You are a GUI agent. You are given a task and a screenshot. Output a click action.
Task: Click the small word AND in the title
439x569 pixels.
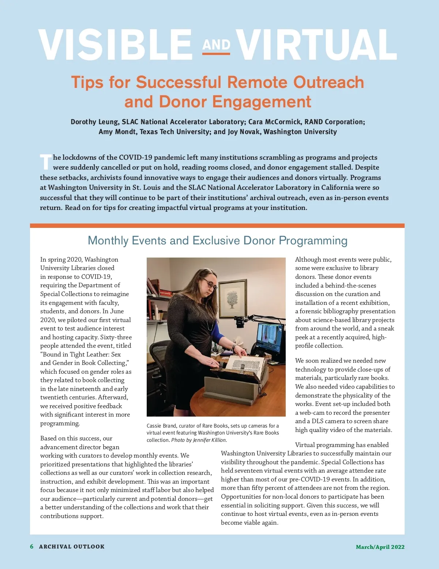point(216,45)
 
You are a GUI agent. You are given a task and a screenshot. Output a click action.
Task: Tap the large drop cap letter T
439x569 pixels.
point(46,162)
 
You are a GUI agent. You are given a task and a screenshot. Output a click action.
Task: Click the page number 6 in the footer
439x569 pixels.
point(32,546)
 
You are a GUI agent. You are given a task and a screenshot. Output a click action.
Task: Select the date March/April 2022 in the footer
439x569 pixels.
point(380,547)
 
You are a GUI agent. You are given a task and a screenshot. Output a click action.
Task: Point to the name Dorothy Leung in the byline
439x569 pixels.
point(94,122)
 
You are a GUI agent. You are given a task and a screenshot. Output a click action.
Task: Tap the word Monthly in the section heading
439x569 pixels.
point(108,240)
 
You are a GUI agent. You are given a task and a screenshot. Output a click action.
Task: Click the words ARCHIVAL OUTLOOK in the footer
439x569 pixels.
point(72,547)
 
